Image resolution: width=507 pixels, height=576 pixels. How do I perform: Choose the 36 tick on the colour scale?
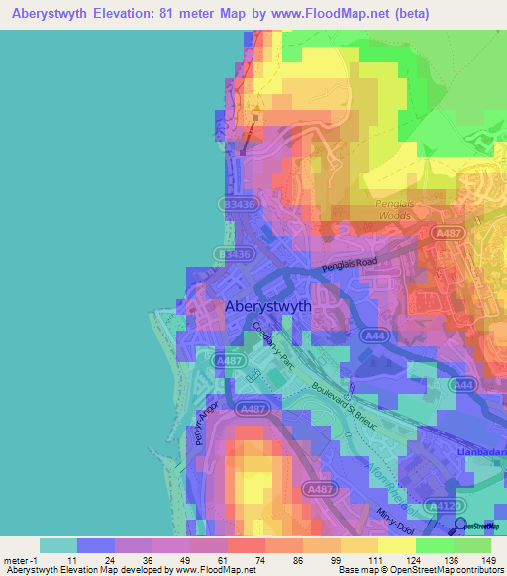pyautogui.click(x=148, y=561)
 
